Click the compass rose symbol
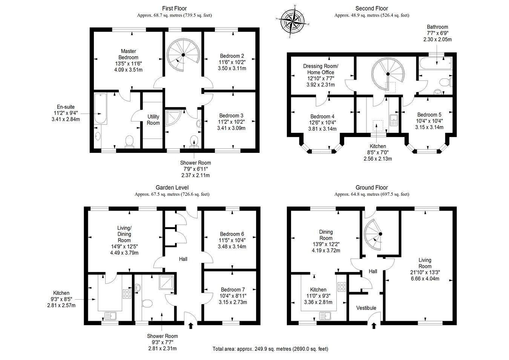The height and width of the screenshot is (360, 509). pos(293,21)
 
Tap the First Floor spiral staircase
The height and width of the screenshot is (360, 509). pos(183,55)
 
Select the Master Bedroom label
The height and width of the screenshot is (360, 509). pos(129,54)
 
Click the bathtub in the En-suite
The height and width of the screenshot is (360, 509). pos(100,108)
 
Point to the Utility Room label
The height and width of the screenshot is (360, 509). pos(153,120)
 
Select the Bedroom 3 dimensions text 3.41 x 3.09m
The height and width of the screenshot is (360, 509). pos(231,128)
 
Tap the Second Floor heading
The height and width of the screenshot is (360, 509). pos(371,8)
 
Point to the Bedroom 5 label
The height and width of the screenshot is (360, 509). pos(429,115)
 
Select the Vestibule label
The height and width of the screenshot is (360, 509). pos(366,308)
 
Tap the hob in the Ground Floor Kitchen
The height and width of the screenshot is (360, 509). pos(342,287)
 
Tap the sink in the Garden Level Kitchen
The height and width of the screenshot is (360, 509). pos(111,316)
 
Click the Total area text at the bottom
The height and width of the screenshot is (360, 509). pos(270,349)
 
